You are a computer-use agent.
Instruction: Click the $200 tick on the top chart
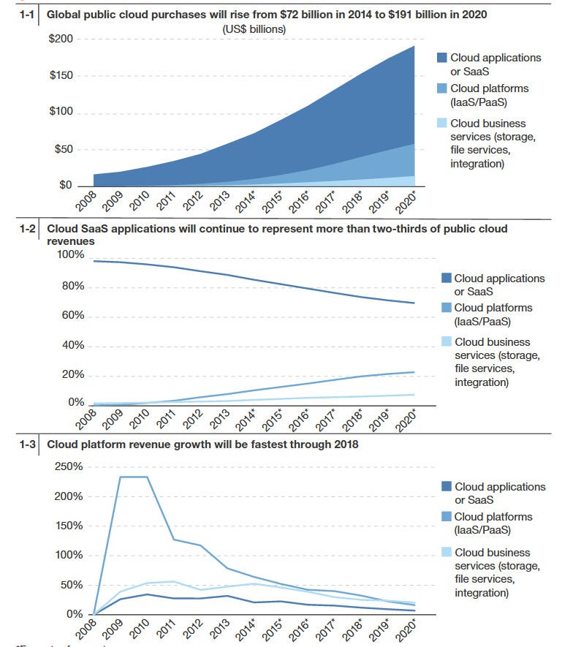pos(61,39)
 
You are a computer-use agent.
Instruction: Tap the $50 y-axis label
pos(64,149)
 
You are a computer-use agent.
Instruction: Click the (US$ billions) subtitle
pos(254,29)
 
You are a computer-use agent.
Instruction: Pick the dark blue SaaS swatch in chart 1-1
pos(441,58)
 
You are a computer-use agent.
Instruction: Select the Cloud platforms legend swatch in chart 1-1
pos(441,88)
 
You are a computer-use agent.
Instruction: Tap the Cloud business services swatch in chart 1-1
pos(441,124)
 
